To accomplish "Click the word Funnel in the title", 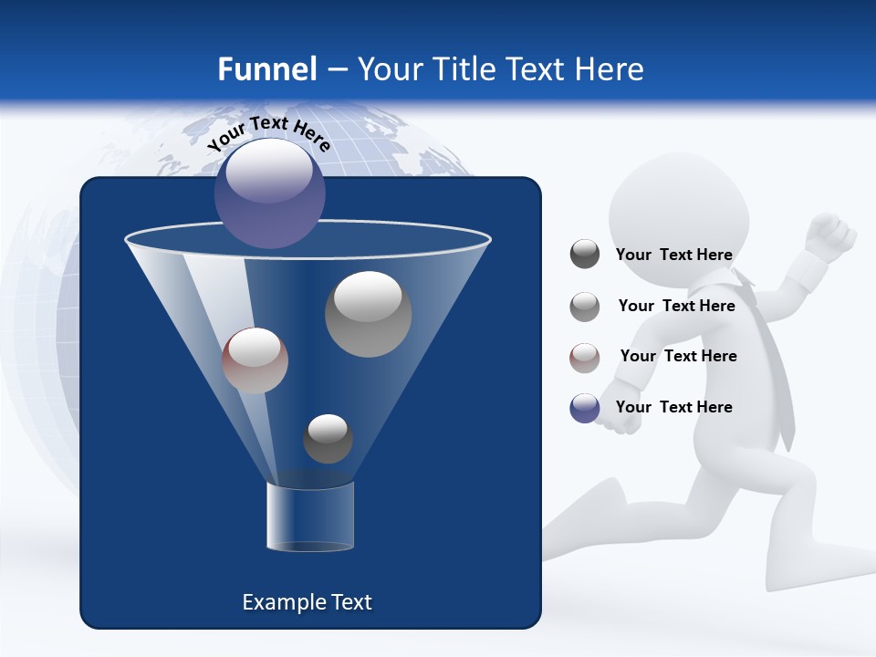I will [x=266, y=68].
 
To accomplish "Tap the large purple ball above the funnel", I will [x=269, y=193].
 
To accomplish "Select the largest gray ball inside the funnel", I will [x=368, y=314].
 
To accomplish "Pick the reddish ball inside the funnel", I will [x=255, y=360].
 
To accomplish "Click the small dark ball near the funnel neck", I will [x=328, y=438].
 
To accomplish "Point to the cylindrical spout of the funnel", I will [x=309, y=517].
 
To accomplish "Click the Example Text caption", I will [x=307, y=602].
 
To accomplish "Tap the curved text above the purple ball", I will [x=268, y=132].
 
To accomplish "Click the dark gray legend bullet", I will [x=585, y=255].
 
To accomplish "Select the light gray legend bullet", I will [x=585, y=307].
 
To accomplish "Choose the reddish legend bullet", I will [x=585, y=358].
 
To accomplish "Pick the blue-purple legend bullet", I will [x=585, y=408].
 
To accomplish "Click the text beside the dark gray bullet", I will [x=673, y=255].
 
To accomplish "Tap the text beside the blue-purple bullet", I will [x=673, y=407].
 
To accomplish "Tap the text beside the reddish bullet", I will [x=678, y=356].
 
